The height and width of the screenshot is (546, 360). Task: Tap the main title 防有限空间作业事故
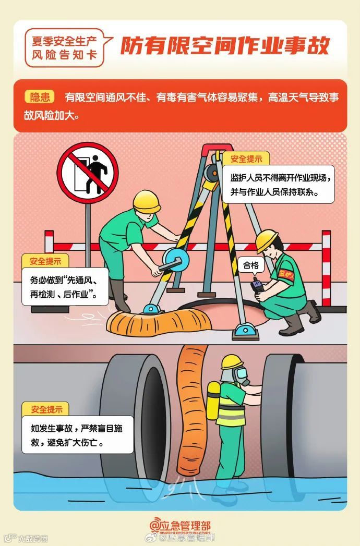click(225, 46)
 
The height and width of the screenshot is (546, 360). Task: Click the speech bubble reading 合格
click(251, 265)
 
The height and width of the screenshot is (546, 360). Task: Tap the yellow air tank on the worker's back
click(213, 401)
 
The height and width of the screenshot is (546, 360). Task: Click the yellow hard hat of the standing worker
click(146, 201)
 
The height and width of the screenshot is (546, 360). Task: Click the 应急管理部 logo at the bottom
click(180, 526)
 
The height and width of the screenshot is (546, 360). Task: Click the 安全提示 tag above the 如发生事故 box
click(46, 409)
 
